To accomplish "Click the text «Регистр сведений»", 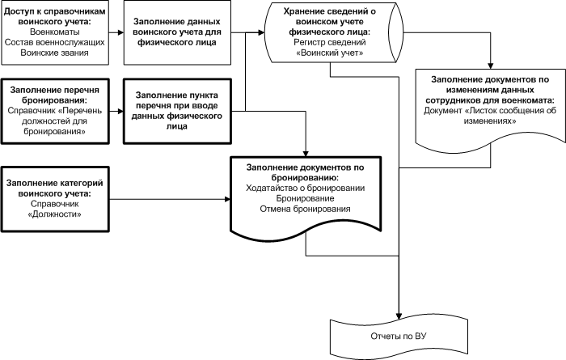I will [328, 40].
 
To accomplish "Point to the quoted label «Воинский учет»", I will [328, 51].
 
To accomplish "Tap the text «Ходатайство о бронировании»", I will [306, 188].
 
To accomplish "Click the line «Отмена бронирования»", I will [306, 209].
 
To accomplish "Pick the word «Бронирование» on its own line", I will [306, 198].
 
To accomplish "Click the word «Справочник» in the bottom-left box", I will [53, 205].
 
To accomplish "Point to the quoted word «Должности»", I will [53, 215].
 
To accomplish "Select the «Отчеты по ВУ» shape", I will [399, 335].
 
